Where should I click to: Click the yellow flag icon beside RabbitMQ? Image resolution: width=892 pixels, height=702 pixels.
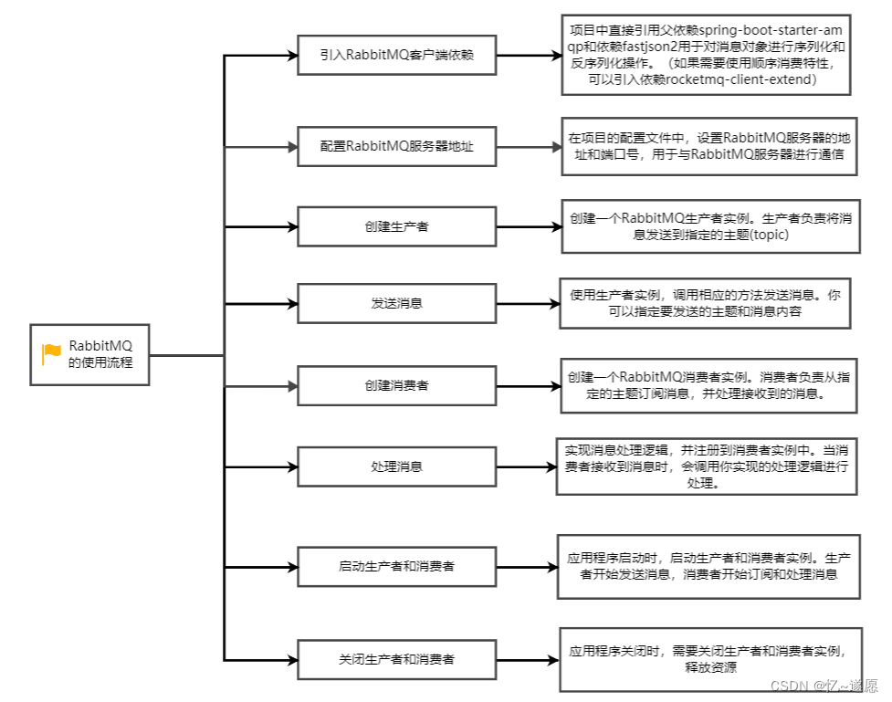tap(51, 354)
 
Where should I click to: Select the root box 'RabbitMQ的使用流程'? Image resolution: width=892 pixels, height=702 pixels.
tap(89, 354)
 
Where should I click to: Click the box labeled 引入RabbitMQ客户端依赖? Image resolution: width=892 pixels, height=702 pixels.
tap(397, 54)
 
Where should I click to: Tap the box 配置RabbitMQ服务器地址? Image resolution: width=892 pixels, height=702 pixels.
tap(397, 146)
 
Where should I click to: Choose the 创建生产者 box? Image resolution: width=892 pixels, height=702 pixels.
tap(397, 226)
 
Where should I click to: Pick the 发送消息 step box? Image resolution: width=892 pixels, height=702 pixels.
tap(397, 303)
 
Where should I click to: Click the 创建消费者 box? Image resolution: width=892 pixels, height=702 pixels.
tap(397, 386)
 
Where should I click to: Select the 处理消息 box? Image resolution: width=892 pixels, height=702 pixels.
tap(397, 466)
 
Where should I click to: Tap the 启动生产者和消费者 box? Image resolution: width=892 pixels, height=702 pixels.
tap(397, 566)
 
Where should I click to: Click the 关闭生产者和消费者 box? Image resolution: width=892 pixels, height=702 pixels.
tap(397, 658)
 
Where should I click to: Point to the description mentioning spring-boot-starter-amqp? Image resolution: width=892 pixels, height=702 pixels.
tap(706, 55)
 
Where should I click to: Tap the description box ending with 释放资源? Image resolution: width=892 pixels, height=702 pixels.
tap(709, 658)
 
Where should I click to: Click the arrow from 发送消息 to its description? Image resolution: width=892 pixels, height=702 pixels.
tap(529, 303)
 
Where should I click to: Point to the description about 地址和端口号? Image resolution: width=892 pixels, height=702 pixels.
tap(711, 146)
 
